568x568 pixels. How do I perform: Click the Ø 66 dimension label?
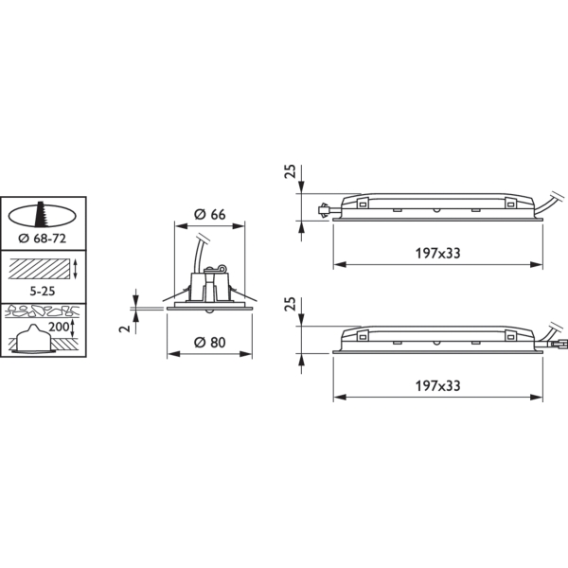coord(210,215)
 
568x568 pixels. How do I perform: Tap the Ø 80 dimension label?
coord(210,343)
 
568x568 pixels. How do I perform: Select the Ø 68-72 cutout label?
coord(43,239)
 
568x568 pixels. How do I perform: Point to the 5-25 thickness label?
coord(43,291)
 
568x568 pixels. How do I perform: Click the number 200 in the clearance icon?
coord(59,327)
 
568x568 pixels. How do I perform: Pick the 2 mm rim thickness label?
coord(125,328)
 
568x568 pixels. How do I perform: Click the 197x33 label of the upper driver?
coord(437,253)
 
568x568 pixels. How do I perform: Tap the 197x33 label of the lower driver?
coord(437,386)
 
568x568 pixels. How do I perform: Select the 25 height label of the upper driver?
coord(291,171)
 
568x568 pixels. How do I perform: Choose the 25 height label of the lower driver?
coord(291,304)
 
